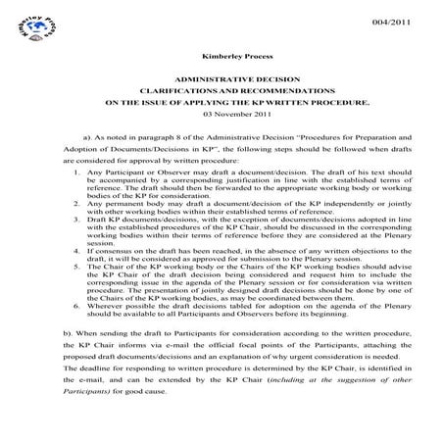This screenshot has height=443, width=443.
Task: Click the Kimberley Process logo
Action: pyautogui.click(x=28, y=28)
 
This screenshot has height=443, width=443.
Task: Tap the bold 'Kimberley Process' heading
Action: pyautogui.click(x=221, y=56)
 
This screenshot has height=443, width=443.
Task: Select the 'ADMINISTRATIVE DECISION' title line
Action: pyautogui.click(x=221, y=77)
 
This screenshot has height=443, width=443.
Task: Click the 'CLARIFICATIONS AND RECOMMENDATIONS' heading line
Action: pyautogui.click(x=221, y=90)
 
